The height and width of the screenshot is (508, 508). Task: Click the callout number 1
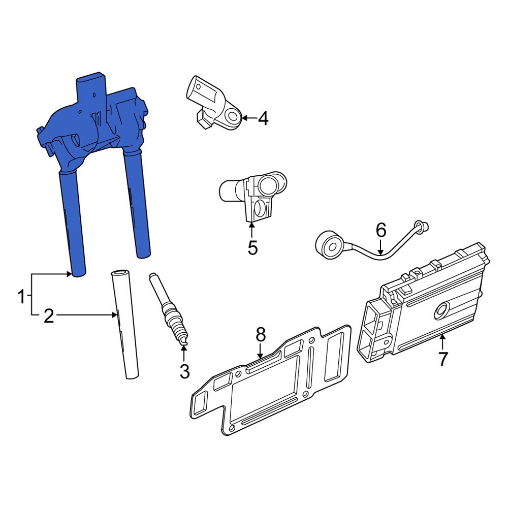(x=21, y=296)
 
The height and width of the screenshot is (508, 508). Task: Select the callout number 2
(x=48, y=316)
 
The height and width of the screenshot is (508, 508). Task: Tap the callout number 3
(x=184, y=371)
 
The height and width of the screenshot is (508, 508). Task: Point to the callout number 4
(x=262, y=118)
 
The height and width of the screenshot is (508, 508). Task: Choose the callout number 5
(x=252, y=248)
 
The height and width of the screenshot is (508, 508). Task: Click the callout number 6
(x=381, y=230)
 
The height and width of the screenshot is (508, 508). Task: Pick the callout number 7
(x=443, y=359)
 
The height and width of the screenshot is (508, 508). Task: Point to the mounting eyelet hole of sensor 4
(x=232, y=117)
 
